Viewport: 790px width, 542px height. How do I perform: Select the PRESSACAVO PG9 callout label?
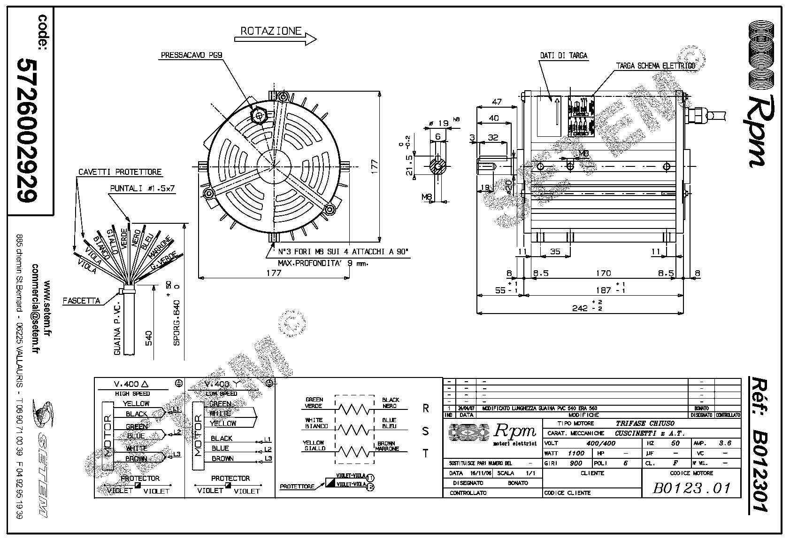coord(192,55)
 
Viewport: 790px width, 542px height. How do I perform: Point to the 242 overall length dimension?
coord(582,308)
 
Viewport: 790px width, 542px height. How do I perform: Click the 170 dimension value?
coord(603,273)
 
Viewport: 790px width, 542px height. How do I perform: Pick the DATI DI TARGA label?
coord(564,55)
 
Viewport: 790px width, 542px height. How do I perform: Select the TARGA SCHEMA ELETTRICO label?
coord(655,66)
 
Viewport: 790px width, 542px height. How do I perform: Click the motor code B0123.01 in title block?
coord(691,487)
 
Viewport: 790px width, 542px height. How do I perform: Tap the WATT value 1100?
coord(576,453)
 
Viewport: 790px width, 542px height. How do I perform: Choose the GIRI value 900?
coord(576,463)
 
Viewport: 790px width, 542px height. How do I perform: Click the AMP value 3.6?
coord(725,443)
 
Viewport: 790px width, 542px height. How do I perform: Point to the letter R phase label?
coord(426,408)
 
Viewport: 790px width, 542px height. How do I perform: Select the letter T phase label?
coord(426,454)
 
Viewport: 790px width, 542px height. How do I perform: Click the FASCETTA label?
coord(82,300)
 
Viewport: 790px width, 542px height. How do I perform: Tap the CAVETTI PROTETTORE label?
coord(120,172)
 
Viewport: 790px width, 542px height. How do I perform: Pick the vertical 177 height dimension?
coord(374,167)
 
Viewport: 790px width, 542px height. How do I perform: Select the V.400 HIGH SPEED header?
coord(132,384)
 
